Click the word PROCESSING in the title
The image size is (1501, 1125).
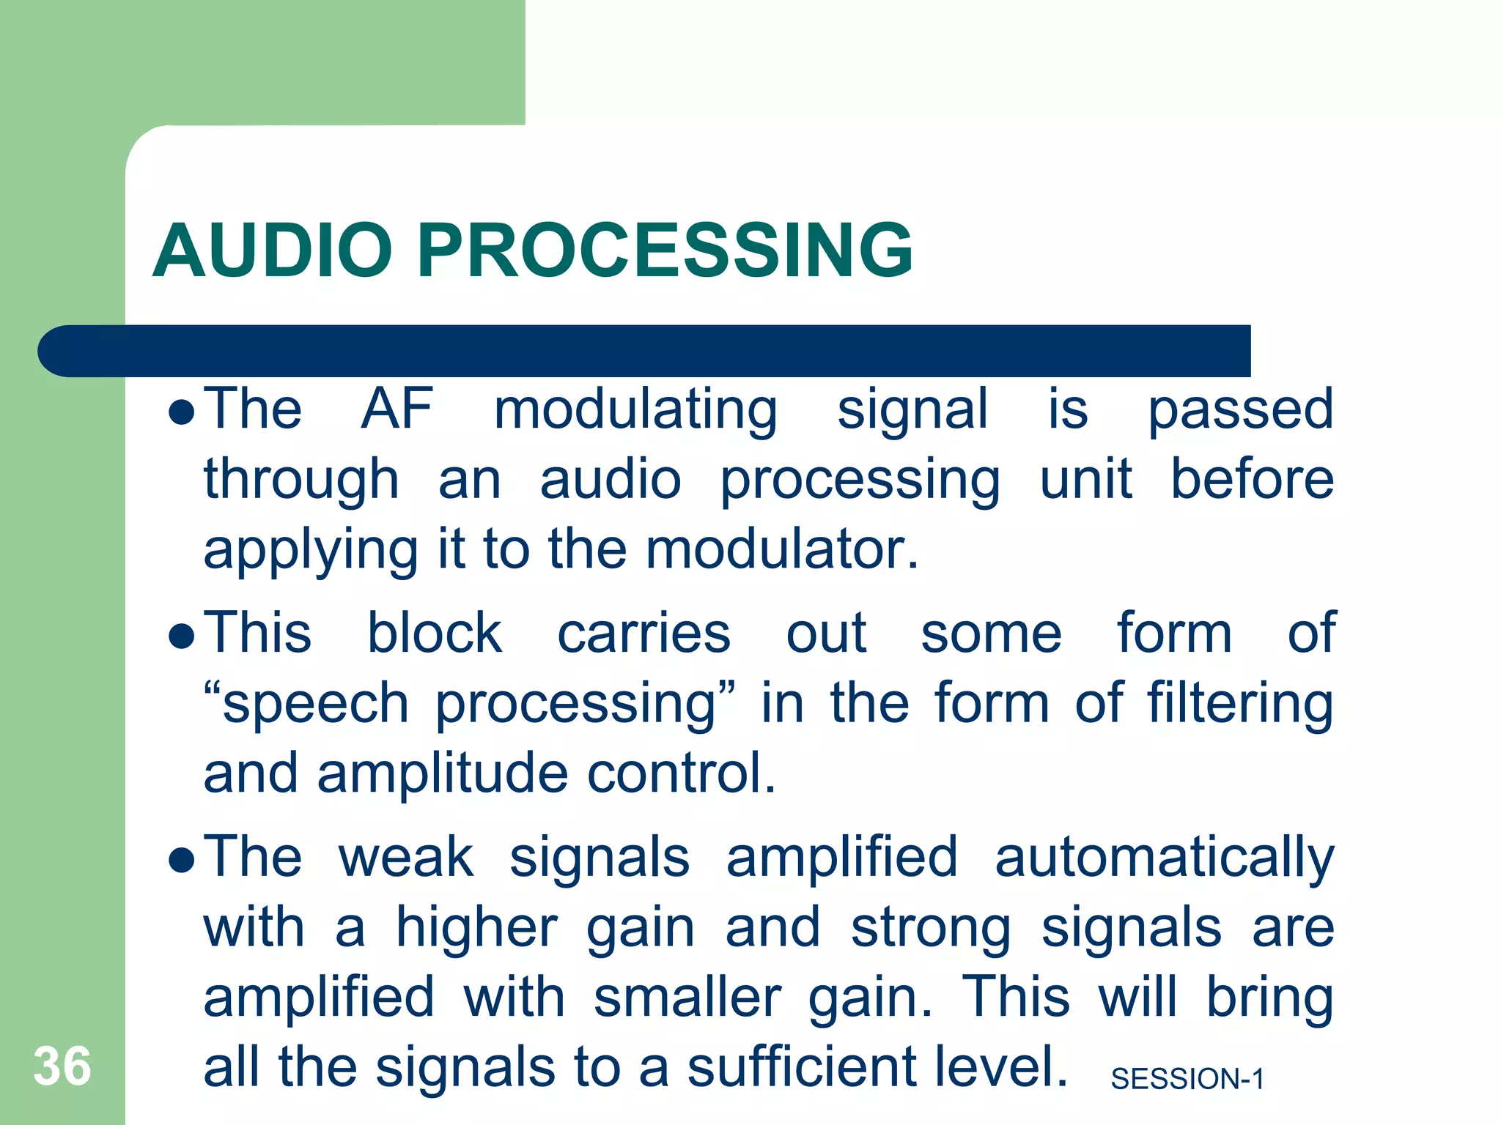tap(665, 250)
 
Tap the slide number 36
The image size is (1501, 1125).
tap(62, 1066)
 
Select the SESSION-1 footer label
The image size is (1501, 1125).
tap(1187, 1079)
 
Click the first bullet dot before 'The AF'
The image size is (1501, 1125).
tap(181, 412)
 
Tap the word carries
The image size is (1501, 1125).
tap(643, 634)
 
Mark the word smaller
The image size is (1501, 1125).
tap(687, 998)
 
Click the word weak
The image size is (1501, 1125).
tap(405, 857)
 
